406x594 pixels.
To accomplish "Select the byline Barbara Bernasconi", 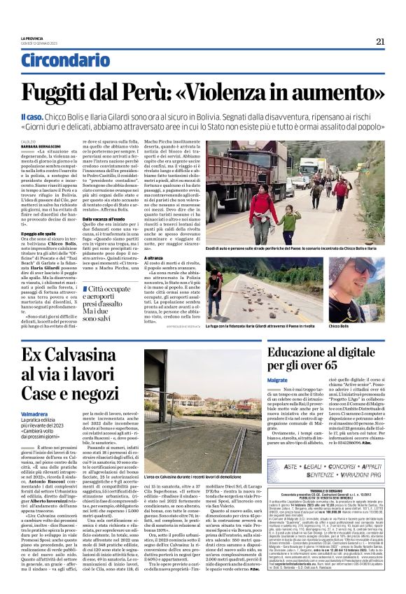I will click(41, 145).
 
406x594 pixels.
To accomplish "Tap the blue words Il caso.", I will click(34, 115).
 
